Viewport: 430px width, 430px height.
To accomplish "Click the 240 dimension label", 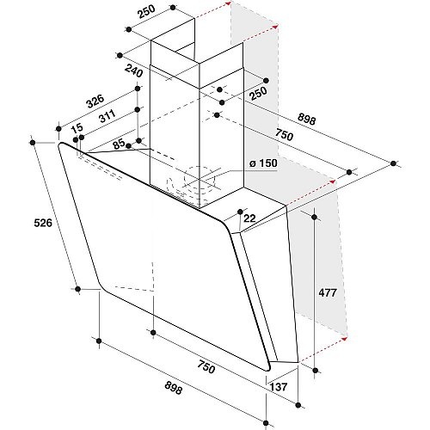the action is coord(133,71).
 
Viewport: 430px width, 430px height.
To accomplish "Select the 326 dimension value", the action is coord(95,101).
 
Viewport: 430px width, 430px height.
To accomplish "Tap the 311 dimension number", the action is coord(107,116).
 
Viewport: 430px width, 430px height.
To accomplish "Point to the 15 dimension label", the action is coord(77,128).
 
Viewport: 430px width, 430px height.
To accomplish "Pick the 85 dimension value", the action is coord(119,144).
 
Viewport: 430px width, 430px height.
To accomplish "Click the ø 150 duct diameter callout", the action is coord(263,163).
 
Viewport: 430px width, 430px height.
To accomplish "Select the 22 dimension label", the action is coord(249,218).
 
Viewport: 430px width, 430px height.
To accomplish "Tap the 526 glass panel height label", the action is coord(43,223).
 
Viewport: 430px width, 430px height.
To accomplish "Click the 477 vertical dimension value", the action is coord(328,292).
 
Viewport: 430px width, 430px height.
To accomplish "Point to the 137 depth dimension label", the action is coord(279,387).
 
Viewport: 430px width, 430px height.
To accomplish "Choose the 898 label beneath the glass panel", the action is coord(174,389).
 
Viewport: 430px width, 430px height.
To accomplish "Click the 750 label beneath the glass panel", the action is coord(206,367).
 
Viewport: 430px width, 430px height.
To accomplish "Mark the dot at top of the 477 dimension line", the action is coord(315,217).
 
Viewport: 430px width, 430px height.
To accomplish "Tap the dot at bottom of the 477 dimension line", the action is coord(316,371).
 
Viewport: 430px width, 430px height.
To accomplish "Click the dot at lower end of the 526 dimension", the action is coord(77,289).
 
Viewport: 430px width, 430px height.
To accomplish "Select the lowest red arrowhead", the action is coord(345,339).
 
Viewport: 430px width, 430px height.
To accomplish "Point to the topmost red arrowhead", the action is coord(228,3).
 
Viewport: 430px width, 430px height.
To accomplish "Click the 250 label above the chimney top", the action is coord(146,11).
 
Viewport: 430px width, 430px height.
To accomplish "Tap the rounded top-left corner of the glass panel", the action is coord(61,145).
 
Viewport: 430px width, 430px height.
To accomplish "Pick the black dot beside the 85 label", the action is coord(128,146).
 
